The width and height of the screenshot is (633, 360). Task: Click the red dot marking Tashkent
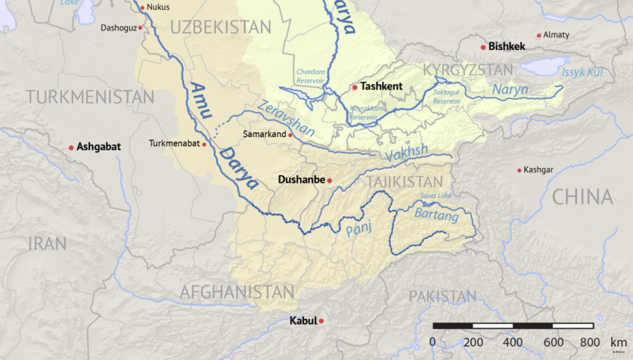point(354,88)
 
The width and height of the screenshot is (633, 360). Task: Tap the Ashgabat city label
point(99,147)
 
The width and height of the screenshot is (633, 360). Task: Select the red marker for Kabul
point(321,321)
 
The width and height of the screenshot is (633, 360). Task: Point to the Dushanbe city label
point(301,180)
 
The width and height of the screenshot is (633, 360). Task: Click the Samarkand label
point(263,134)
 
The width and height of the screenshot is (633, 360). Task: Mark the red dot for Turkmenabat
point(205,144)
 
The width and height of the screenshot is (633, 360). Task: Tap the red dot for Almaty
point(539,35)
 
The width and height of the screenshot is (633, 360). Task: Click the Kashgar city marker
point(519,170)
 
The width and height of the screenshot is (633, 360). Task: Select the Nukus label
point(158,8)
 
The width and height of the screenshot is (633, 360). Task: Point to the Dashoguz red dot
point(140,28)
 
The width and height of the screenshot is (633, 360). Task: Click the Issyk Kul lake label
point(582,73)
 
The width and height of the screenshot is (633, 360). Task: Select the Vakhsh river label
point(407,152)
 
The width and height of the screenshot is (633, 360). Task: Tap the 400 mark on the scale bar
point(512,342)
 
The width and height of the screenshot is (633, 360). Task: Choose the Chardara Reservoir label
point(311,75)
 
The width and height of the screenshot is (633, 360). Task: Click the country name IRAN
point(47,244)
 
